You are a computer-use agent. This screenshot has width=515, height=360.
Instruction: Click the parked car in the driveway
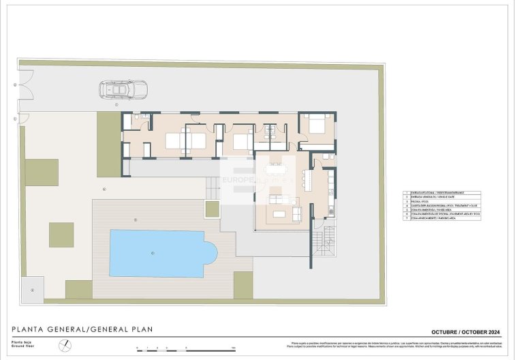tap(119, 89)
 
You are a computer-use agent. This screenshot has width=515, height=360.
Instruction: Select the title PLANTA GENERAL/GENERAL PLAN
tap(82, 329)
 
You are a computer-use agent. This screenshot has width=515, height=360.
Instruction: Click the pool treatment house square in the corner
tap(31, 289)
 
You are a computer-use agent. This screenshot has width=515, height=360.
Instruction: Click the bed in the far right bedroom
tap(315, 125)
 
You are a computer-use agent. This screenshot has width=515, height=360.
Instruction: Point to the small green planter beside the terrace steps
tap(213, 209)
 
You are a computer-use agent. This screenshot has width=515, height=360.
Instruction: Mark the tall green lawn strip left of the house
tap(108, 143)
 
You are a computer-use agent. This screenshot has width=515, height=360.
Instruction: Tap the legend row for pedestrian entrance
tap(443, 193)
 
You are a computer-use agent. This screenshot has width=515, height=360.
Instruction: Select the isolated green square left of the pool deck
tap(61, 235)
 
